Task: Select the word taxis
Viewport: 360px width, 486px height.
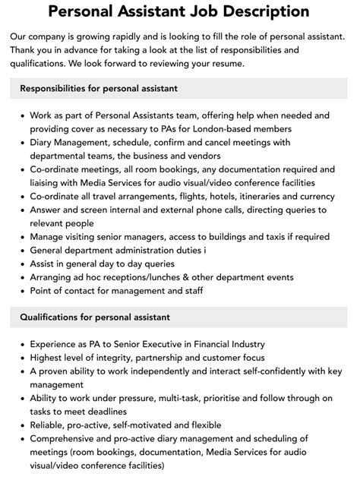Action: tap(259, 238)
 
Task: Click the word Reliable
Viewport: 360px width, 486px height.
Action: tap(49, 424)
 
